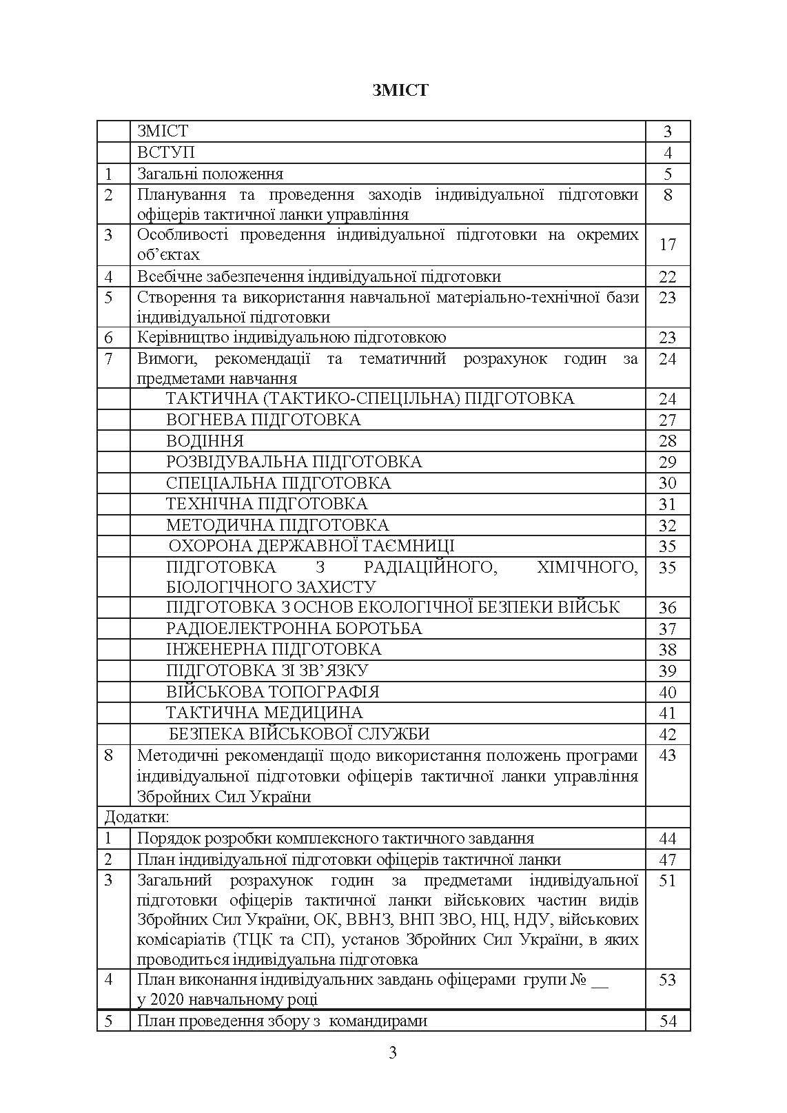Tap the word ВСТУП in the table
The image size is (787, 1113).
(165, 152)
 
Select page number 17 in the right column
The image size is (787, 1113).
(667, 245)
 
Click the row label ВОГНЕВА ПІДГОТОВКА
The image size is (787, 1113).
(263, 420)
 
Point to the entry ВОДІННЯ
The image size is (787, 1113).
(205, 441)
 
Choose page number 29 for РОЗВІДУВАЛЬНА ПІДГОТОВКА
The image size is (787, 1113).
(667, 462)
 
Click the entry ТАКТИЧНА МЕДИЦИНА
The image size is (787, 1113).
(264, 713)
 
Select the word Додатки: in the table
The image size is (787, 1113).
(136, 817)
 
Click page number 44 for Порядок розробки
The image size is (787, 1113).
(667, 839)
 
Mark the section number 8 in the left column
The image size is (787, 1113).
(109, 755)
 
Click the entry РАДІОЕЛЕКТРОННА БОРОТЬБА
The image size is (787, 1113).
(294, 629)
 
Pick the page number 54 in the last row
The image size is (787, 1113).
(667, 1021)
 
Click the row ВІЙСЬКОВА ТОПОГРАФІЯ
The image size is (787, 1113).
(272, 692)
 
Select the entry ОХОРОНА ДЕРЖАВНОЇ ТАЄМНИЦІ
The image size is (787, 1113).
(311, 547)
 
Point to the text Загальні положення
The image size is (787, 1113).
(210, 174)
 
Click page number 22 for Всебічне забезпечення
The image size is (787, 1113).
(667, 277)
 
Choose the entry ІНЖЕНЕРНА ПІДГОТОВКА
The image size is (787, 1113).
(274, 649)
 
